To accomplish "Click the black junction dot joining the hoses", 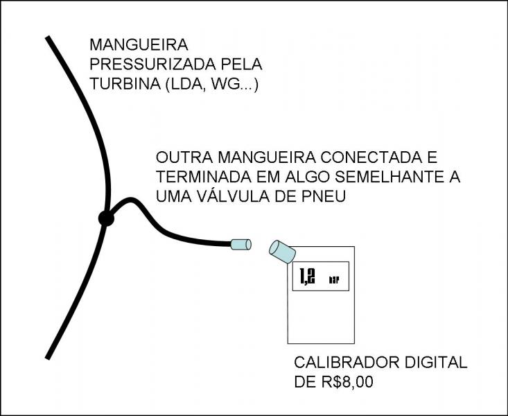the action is (106, 218).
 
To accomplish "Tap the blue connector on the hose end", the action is (240, 245).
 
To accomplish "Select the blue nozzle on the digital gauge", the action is (282, 252).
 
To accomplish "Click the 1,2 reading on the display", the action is (307, 277).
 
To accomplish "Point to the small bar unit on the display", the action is (334, 280).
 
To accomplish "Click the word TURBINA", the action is (125, 84).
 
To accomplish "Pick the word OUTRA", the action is (184, 157).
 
